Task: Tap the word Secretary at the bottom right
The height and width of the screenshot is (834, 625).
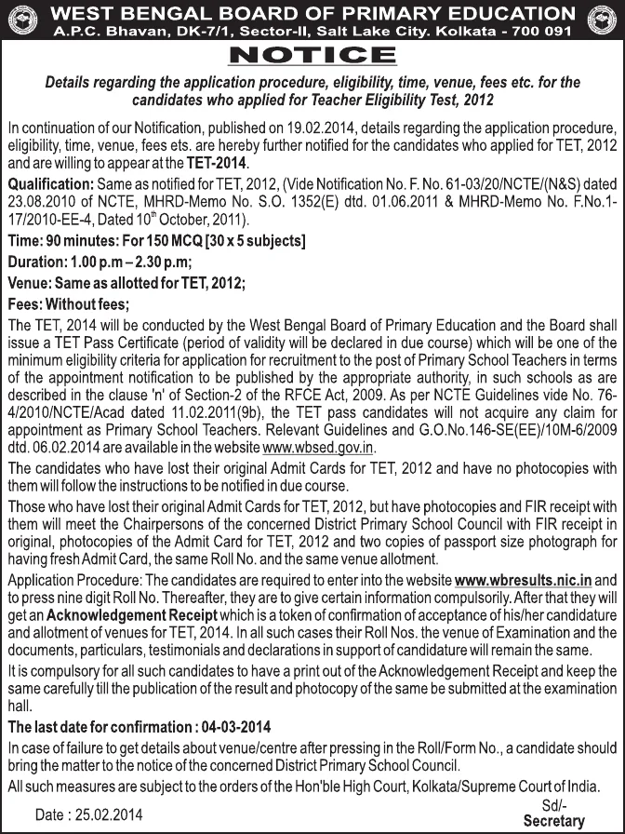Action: [x=554, y=820]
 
